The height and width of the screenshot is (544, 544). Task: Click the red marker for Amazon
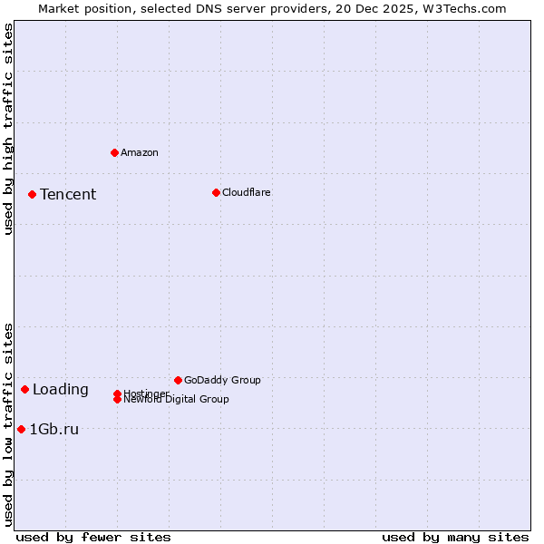(x=114, y=152)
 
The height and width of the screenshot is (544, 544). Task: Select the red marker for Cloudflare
(x=216, y=192)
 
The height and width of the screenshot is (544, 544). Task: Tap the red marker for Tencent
(x=32, y=194)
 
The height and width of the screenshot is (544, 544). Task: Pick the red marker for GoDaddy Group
(x=178, y=380)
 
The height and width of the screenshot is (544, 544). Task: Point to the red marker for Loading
(x=24, y=389)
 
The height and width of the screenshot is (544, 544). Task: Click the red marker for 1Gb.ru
(x=21, y=429)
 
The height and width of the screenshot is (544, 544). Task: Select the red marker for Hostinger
(x=118, y=393)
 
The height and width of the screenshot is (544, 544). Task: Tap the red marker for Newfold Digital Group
(x=118, y=399)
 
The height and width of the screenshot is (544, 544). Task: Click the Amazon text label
(x=140, y=152)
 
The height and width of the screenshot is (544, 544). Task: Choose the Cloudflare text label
(x=247, y=192)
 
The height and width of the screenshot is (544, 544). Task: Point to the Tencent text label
(x=68, y=194)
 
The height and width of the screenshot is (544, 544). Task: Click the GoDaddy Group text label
(x=222, y=380)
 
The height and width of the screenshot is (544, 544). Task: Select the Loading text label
(x=61, y=390)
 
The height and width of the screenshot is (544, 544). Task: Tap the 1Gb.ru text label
(x=54, y=430)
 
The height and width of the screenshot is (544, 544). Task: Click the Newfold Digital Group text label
(x=177, y=400)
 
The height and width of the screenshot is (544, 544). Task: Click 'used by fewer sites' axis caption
(x=93, y=537)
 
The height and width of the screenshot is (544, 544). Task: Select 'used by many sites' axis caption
(x=455, y=537)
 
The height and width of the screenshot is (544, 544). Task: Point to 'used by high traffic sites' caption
(x=9, y=129)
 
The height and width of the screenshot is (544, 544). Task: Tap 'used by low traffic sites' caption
(x=9, y=424)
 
